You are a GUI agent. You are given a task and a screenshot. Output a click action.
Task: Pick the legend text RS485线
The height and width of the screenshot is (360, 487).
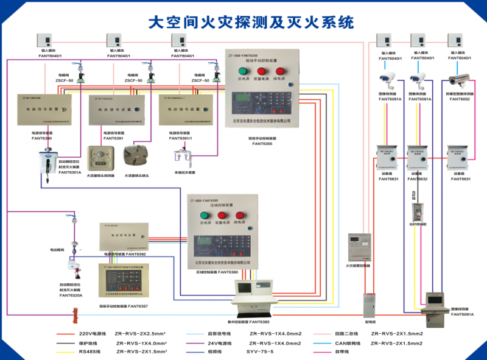pos(90,351)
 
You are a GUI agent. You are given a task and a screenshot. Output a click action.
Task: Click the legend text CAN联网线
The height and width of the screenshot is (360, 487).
pos(337,343)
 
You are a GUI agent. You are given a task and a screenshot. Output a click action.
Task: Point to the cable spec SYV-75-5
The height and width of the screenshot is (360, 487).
pos(261,351)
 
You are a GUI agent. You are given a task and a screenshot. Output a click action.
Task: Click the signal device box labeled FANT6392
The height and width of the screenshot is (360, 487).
pos(124,236)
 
